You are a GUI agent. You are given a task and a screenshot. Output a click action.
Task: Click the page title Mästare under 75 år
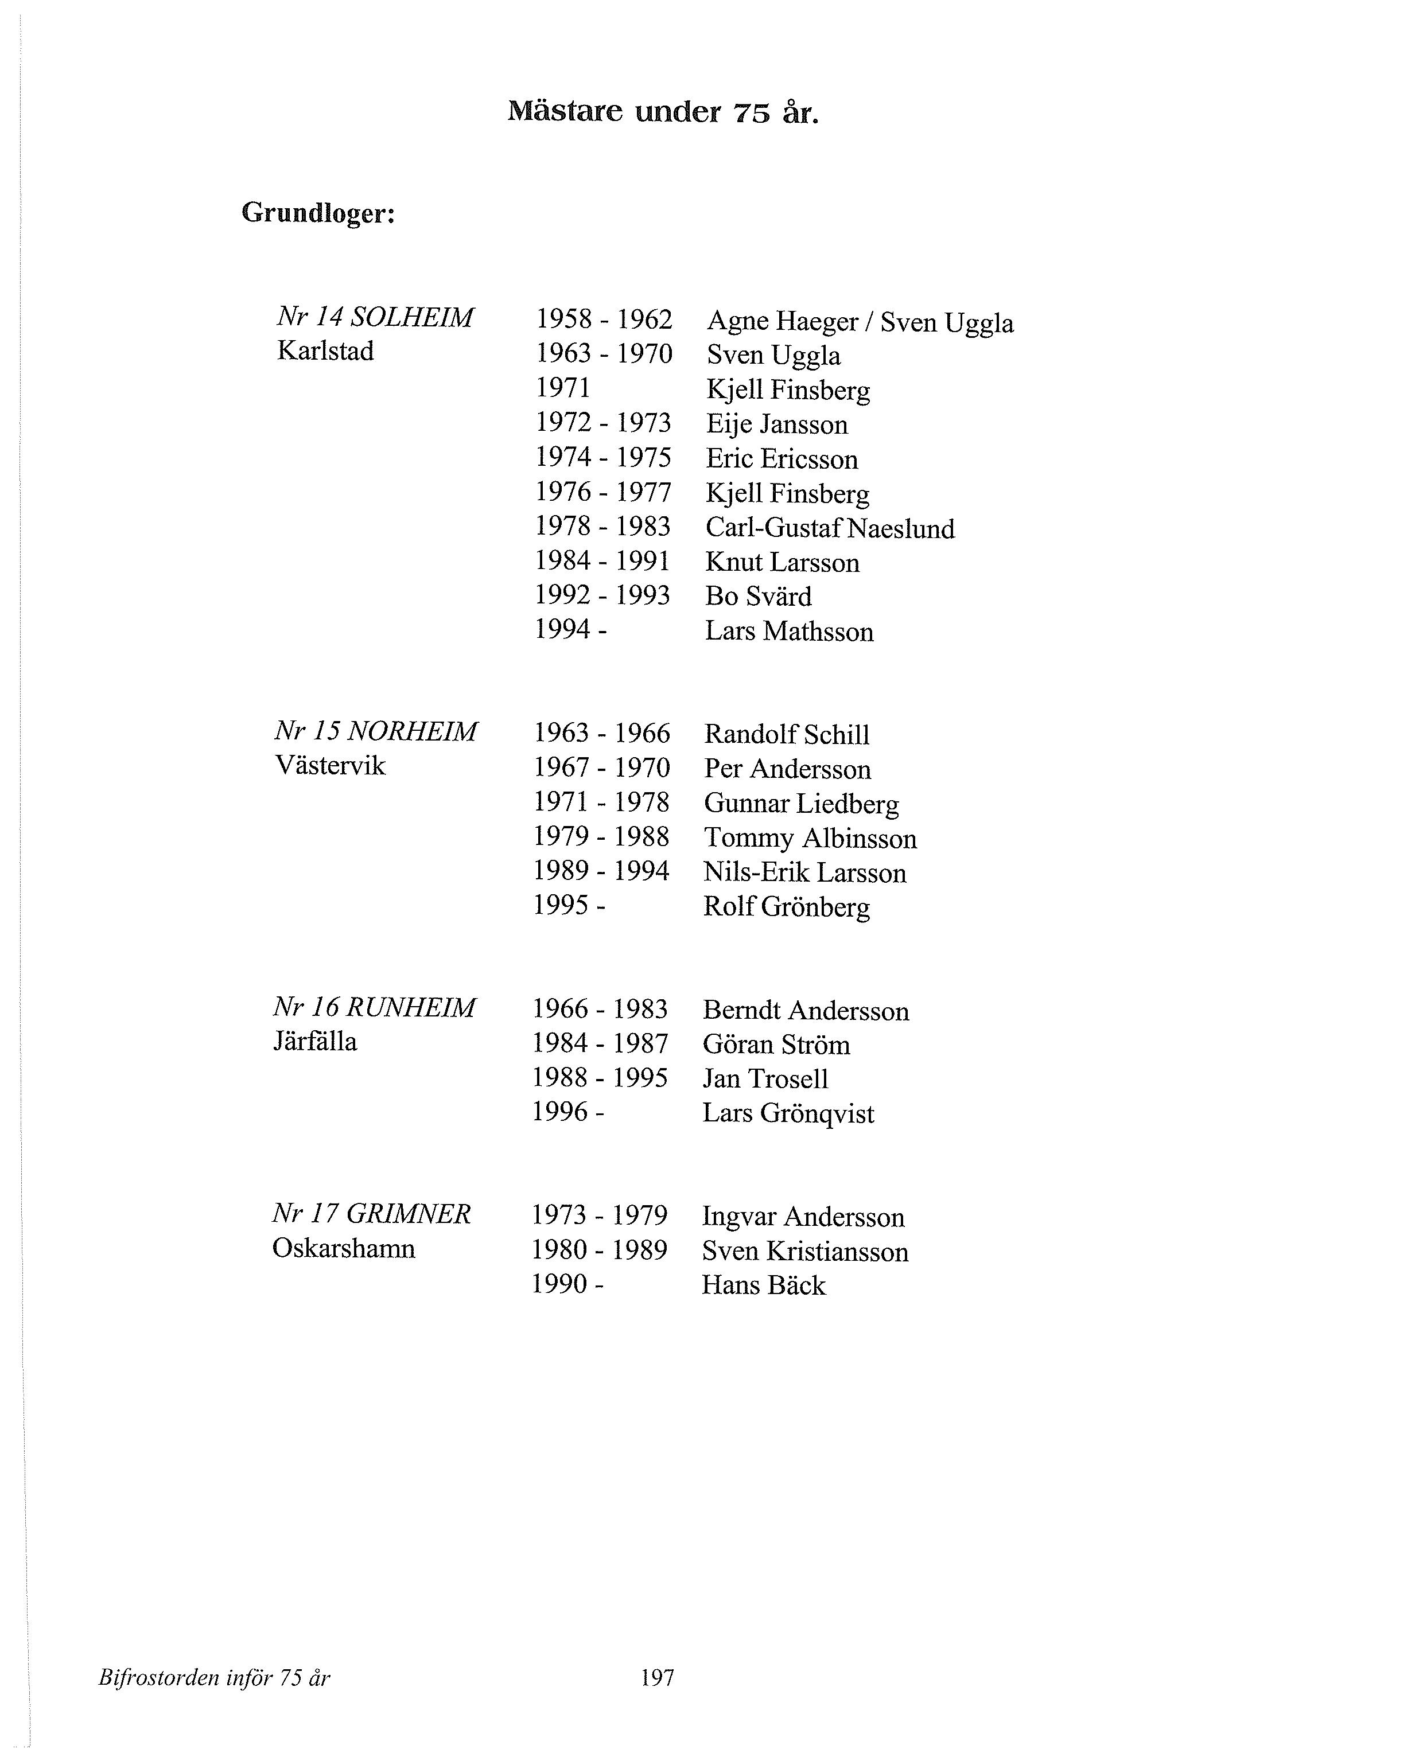point(663,111)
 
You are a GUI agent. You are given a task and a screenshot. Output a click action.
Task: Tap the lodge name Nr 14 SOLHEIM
point(375,317)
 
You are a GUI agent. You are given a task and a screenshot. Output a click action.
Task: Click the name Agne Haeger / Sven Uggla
point(860,321)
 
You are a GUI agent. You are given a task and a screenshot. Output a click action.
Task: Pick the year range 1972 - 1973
point(603,423)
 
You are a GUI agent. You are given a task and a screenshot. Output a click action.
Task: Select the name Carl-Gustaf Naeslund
point(830,528)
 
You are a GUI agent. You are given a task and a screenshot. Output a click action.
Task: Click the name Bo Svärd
point(758,597)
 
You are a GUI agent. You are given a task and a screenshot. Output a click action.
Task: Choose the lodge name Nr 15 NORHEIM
point(375,731)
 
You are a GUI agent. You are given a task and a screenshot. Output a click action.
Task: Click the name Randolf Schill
point(787,734)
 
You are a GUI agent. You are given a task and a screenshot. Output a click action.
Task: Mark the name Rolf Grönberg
point(787,907)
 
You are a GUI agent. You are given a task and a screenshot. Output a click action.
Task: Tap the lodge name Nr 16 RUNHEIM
point(374,1007)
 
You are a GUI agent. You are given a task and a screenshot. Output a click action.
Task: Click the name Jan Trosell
point(765,1078)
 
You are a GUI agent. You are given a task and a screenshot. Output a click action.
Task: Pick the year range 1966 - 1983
point(601,1009)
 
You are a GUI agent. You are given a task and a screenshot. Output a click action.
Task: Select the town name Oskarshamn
point(344,1248)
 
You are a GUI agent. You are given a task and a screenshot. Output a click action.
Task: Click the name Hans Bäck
point(764,1285)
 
